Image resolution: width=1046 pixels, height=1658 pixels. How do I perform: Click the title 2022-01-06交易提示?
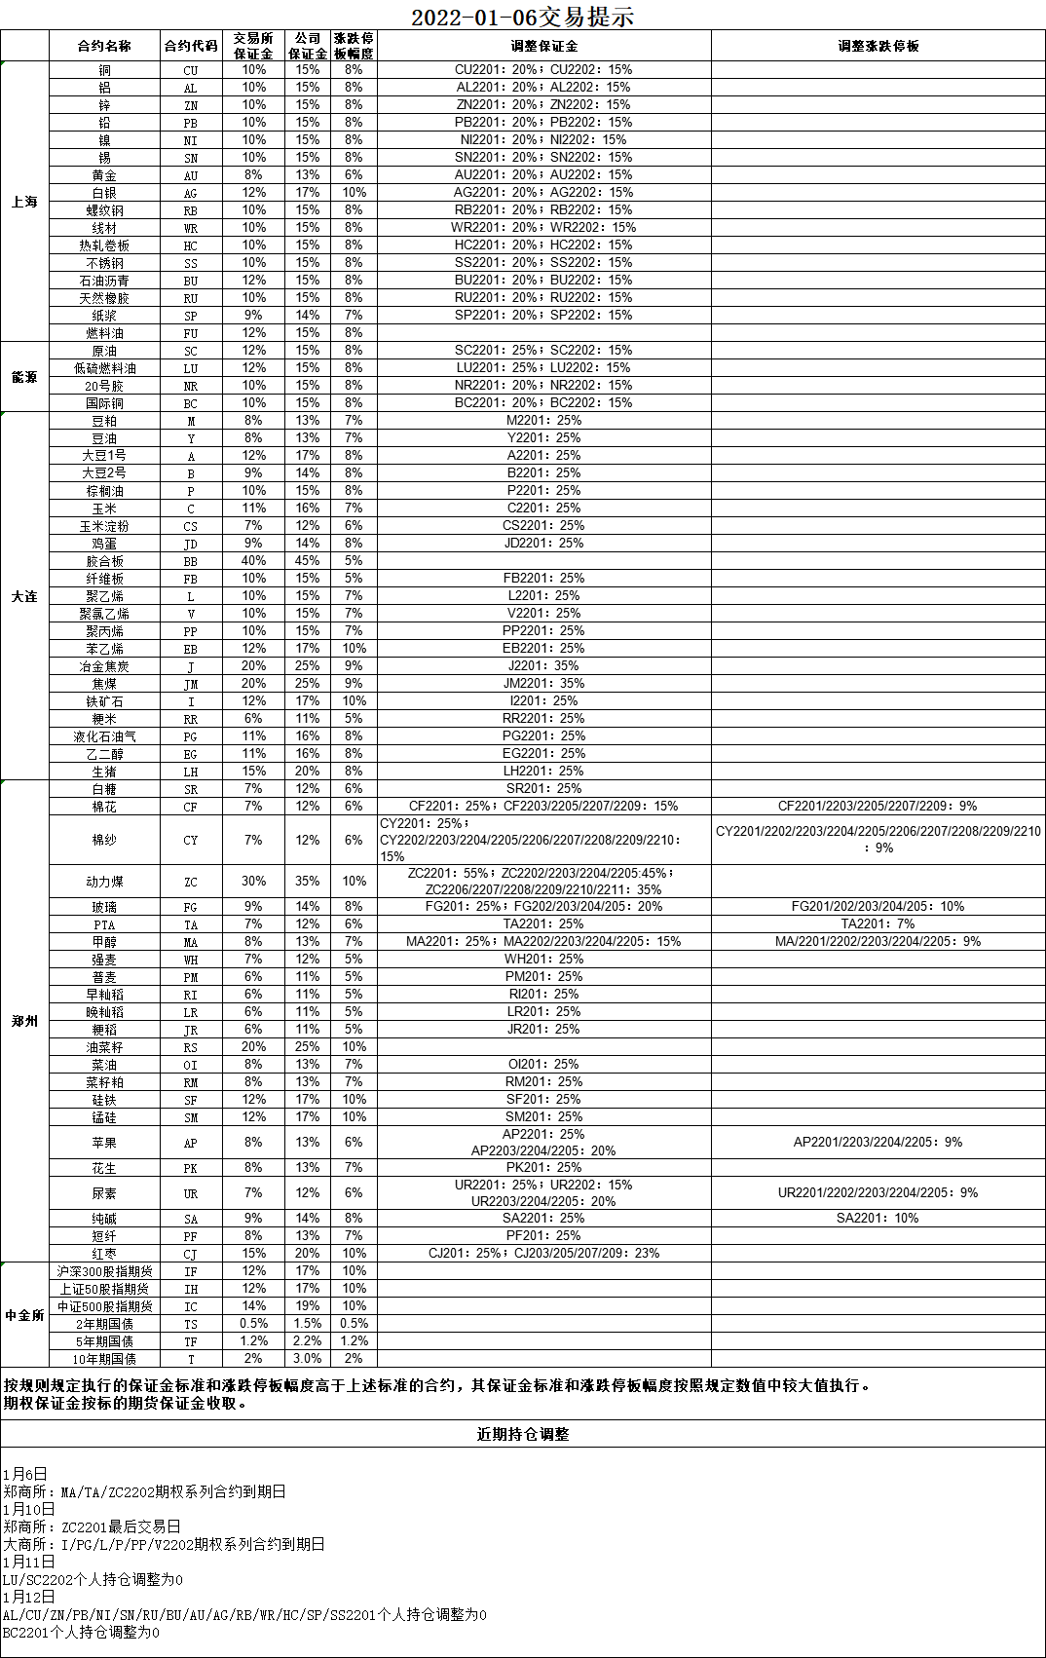tap(522, 17)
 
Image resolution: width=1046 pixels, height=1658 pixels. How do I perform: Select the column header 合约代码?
tap(191, 46)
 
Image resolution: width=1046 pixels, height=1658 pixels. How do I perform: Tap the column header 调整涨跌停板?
tap(878, 46)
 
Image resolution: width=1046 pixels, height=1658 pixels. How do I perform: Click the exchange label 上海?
tap(24, 202)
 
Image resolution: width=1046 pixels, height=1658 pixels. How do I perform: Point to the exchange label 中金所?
tap(24, 1315)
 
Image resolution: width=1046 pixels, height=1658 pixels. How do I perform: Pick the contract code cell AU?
tap(191, 175)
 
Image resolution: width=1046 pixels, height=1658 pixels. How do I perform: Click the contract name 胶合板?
tap(104, 561)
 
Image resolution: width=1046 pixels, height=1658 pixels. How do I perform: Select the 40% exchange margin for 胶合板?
tap(253, 561)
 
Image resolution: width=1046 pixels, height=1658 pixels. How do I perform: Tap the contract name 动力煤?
tap(104, 882)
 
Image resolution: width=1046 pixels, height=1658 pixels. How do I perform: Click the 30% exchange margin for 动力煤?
tap(253, 882)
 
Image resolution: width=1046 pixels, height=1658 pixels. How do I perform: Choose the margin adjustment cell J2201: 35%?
tap(543, 666)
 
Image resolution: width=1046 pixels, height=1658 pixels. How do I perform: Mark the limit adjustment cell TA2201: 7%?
tap(878, 924)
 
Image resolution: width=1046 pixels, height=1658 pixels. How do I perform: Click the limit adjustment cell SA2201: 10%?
tap(878, 1219)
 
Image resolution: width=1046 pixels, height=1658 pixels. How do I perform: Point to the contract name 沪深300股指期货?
tap(104, 1271)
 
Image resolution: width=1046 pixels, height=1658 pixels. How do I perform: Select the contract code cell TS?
tap(191, 1324)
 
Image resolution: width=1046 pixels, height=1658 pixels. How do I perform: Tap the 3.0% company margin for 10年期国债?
tap(308, 1359)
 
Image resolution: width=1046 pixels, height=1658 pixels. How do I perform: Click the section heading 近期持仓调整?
tap(522, 1434)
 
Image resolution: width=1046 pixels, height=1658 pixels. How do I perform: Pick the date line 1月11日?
tap(28, 1562)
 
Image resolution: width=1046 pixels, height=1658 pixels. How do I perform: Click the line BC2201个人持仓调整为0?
tap(81, 1632)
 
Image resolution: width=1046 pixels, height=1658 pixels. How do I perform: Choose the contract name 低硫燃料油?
tap(104, 368)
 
